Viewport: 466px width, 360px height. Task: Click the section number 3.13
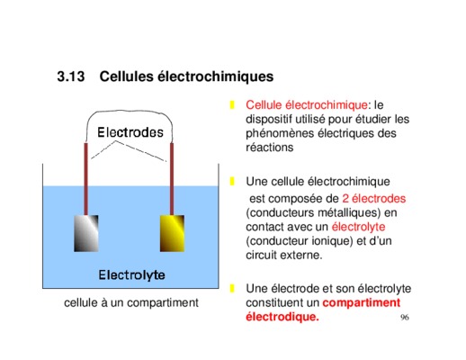coord(71,76)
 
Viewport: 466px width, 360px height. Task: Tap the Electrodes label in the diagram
coord(130,132)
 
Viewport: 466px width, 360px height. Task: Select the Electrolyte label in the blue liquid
coord(131,274)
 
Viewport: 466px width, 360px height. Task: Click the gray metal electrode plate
coord(86,233)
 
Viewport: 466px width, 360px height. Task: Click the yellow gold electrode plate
coord(172,233)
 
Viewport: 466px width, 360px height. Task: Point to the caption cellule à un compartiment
coord(131,302)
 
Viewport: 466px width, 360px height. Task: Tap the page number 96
coord(405,317)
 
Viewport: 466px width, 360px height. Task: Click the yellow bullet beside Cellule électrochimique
coord(232,105)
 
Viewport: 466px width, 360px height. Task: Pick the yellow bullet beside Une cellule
coord(232,182)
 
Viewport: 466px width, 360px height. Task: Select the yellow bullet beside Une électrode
coord(232,288)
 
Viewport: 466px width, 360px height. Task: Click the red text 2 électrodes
coord(374,198)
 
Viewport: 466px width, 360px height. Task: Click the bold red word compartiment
coord(362,302)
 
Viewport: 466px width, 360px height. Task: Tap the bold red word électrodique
coord(282,317)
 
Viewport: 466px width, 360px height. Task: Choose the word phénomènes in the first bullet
coord(279,133)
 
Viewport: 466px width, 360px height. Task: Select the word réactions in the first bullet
coord(270,148)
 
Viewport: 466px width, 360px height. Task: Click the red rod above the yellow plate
coord(172,179)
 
